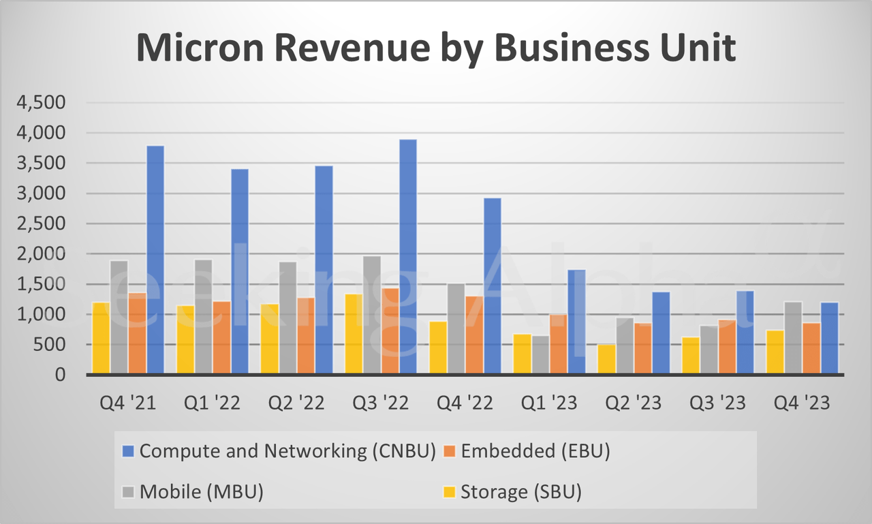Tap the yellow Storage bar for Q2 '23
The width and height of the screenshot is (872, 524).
pos(606,359)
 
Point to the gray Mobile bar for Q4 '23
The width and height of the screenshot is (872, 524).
pos(793,338)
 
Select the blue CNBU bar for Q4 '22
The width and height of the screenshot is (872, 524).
pos(492,286)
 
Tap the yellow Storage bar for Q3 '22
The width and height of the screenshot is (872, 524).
pos(354,334)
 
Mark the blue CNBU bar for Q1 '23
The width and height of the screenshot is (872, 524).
pos(576,322)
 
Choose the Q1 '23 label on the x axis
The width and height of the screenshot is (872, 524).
pos(548,403)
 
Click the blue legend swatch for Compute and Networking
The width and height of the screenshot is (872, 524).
pos(127,451)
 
